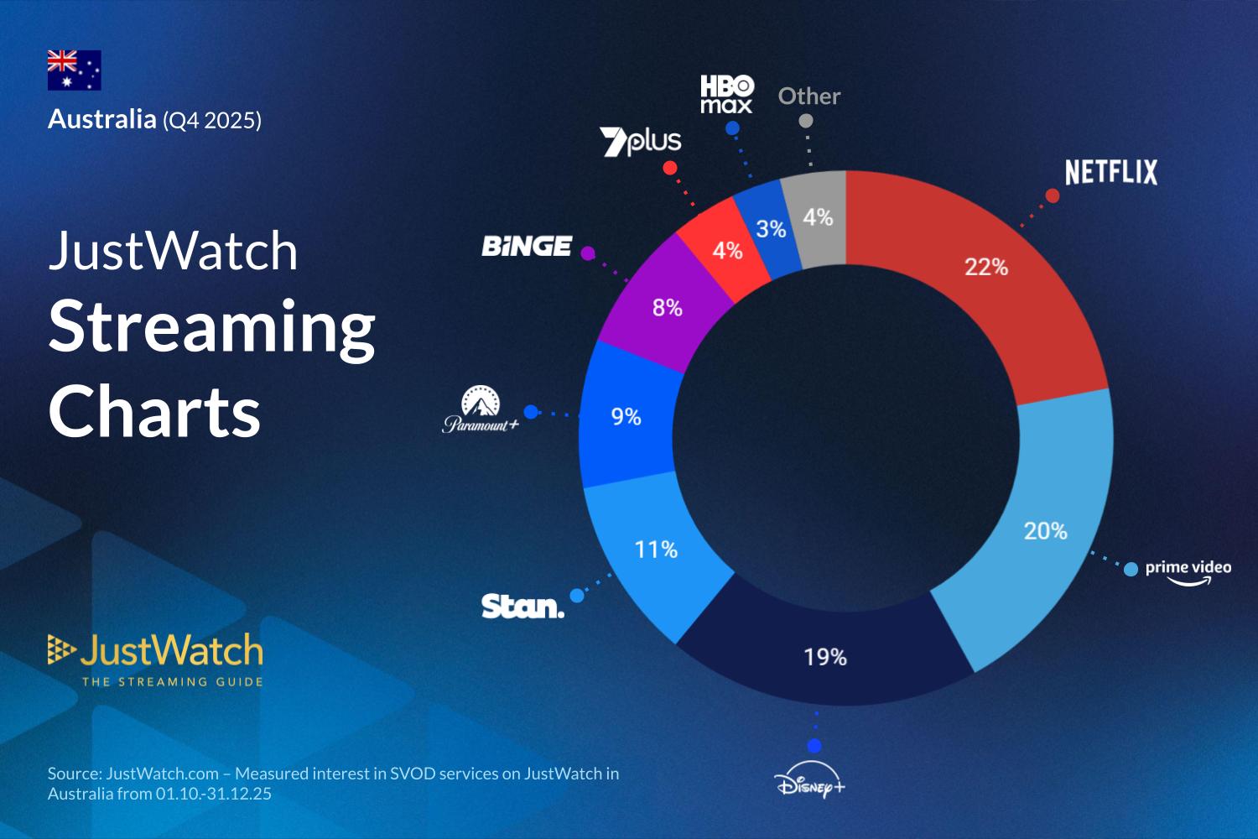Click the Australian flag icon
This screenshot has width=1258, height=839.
point(74,70)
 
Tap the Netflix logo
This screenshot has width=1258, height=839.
point(1110,173)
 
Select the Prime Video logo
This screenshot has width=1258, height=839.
point(1188,571)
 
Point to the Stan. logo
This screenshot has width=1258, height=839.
point(522,606)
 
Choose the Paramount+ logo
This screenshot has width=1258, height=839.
point(481,410)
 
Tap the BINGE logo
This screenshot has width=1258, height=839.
point(527,247)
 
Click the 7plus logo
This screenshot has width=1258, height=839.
point(641,142)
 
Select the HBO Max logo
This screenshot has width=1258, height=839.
point(727,94)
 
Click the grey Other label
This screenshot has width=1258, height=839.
point(808,96)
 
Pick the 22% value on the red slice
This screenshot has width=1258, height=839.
point(985,267)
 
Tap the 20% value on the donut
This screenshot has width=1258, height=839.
point(1045,531)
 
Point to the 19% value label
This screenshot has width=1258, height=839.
point(825,657)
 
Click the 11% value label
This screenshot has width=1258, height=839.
point(656,550)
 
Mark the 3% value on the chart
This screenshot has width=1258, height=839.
point(771,229)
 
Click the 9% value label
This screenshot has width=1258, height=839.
point(626,416)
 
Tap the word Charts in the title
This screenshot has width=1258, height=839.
point(155,412)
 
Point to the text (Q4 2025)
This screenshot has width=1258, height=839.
point(212,121)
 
